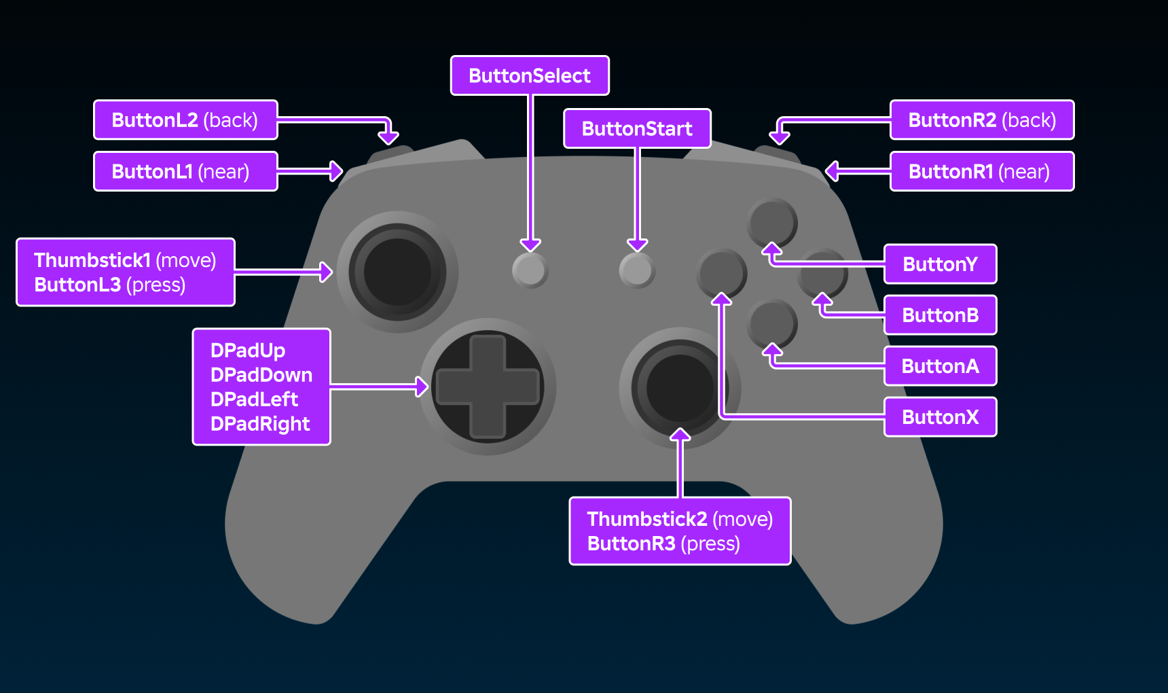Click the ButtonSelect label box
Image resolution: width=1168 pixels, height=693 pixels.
pyautogui.click(x=530, y=75)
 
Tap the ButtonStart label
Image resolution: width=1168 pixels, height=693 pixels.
pyautogui.click(x=637, y=128)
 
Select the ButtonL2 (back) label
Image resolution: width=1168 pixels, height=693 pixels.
pyautogui.click(x=185, y=120)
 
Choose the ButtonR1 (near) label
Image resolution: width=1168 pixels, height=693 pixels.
pyautogui.click(x=981, y=171)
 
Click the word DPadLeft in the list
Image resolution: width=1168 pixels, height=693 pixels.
pyautogui.click(x=254, y=399)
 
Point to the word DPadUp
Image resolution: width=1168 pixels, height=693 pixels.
pyautogui.click(x=248, y=351)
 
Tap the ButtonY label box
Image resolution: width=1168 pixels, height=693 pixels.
pyautogui.click(x=940, y=264)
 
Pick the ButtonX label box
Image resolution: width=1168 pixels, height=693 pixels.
pyautogui.click(x=940, y=417)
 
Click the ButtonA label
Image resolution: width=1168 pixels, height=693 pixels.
pyautogui.click(x=940, y=366)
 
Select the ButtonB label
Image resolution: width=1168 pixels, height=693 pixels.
pyautogui.click(x=940, y=315)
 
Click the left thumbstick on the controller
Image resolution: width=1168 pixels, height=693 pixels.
pyautogui.click(x=398, y=272)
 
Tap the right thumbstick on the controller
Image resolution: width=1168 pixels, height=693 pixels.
pyautogui.click(x=679, y=388)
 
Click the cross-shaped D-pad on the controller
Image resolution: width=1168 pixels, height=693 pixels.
pyautogui.click(x=488, y=387)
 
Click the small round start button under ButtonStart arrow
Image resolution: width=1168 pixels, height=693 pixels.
pyautogui.click(x=636, y=270)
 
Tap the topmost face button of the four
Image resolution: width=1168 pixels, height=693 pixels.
pyautogui.click(x=772, y=222)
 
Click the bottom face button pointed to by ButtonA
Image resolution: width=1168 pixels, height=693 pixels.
pyautogui.click(x=772, y=323)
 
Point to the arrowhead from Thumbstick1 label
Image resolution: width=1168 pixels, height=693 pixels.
pyautogui.click(x=327, y=272)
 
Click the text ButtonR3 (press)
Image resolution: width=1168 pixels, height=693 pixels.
pyautogui.click(x=663, y=544)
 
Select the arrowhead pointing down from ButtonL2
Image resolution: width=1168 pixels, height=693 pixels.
pyautogui.click(x=388, y=137)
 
